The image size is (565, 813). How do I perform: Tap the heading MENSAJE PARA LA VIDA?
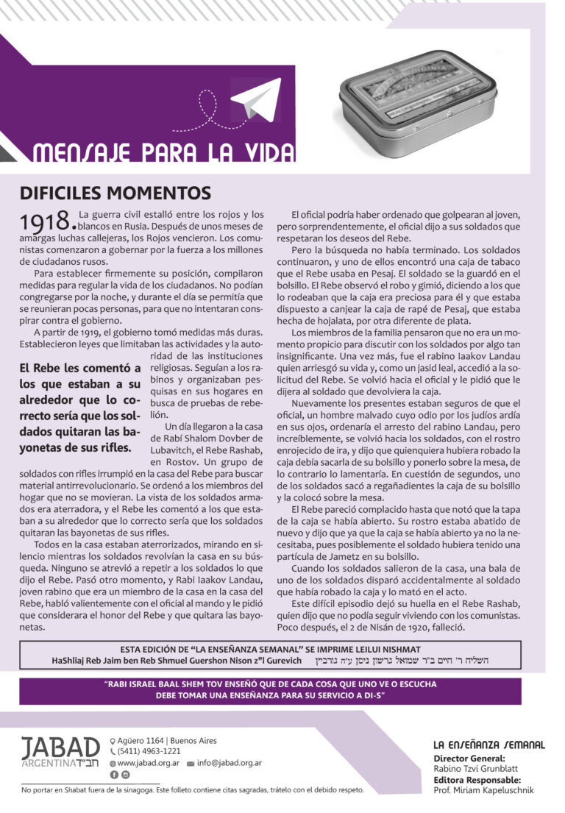pyautogui.click(x=163, y=152)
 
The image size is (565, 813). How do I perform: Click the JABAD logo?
pyautogui.click(x=60, y=752)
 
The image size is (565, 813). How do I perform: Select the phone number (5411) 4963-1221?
pyautogui.click(x=149, y=752)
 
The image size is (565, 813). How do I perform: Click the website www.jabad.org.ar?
pyautogui.click(x=148, y=763)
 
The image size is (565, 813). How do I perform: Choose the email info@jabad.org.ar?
pyautogui.click(x=229, y=763)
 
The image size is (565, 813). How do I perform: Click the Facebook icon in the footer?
pyautogui.click(x=114, y=775)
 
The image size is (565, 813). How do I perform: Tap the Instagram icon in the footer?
pyautogui.click(x=126, y=775)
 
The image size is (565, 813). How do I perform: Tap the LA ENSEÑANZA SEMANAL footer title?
pyautogui.click(x=489, y=745)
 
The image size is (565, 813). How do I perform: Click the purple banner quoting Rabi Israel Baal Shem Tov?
pyautogui.click(x=282, y=690)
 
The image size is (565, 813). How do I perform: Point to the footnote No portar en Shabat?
pyautogui.click(x=193, y=790)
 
